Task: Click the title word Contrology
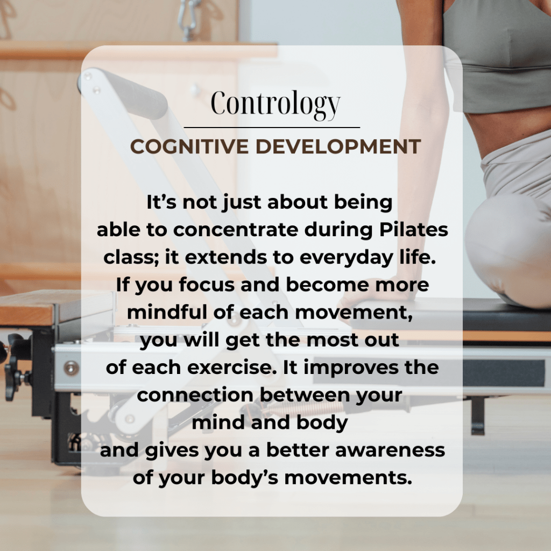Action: pos(275,104)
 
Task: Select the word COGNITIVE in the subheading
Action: pos(189,146)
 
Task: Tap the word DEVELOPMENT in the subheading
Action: pos(338,146)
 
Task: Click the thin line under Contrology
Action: pos(272,127)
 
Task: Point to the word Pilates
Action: pos(414,229)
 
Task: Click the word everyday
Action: pos(346,258)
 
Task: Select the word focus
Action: pos(207,284)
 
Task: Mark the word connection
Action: pos(195,395)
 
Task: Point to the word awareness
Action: pos(390,450)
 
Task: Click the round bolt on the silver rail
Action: pos(72,368)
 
